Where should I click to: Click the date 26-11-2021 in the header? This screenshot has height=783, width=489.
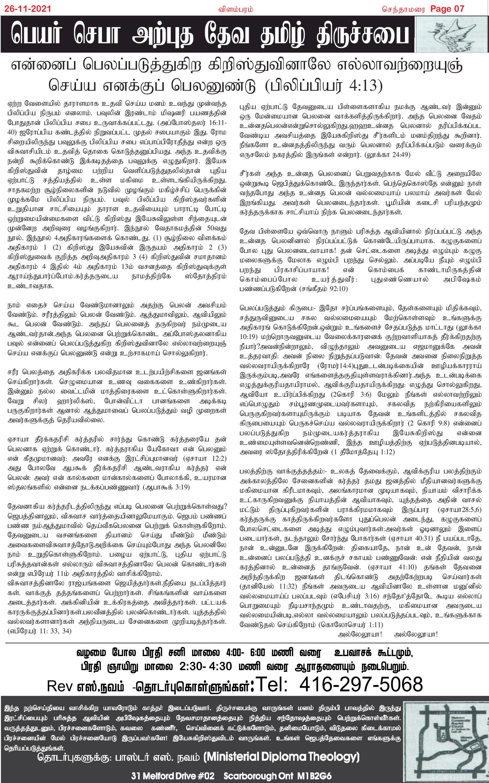coord(28,9)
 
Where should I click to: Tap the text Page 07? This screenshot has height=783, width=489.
coord(447,9)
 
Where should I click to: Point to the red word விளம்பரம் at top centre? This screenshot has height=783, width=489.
coord(235,9)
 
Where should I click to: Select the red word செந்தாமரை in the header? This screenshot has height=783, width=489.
coord(404,9)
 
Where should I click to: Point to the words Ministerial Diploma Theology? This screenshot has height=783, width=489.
coord(282,757)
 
